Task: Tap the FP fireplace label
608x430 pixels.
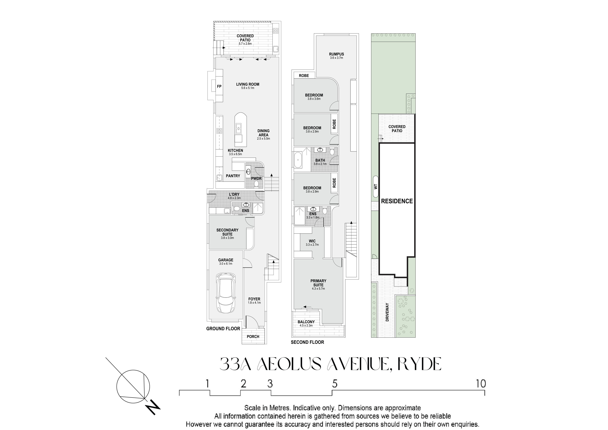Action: pos(219,86)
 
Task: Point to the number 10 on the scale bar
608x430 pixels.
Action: pos(481,384)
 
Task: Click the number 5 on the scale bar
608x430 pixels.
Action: pos(335,384)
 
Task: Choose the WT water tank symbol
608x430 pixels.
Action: pos(376,187)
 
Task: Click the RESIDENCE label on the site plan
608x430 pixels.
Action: pos(397,201)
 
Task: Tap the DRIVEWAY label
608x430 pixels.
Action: pos(387,312)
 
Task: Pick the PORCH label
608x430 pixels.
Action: pos(253,337)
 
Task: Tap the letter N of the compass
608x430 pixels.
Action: pos(153,408)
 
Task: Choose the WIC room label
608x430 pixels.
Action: pos(312,241)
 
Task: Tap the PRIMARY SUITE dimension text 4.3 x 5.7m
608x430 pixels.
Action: pos(318,289)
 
